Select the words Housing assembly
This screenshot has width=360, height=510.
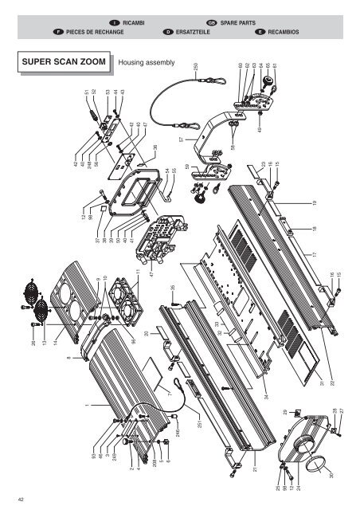click(146, 62)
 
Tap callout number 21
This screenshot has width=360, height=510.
click(255, 470)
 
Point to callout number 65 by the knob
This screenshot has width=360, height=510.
click(269, 66)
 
